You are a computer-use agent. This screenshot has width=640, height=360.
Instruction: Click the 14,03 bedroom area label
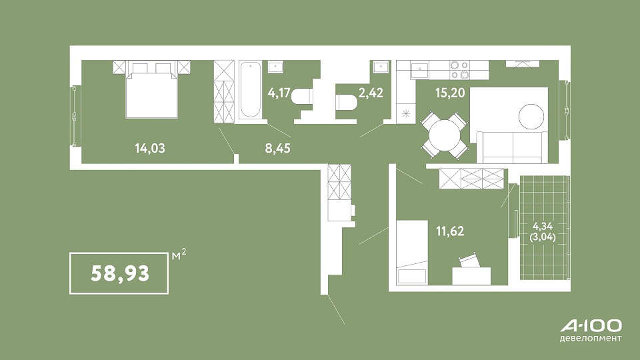pos(150,148)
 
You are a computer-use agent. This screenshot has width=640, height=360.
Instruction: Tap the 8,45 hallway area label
pos(277,148)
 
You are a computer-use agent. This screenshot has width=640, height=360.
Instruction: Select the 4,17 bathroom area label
pos(279,93)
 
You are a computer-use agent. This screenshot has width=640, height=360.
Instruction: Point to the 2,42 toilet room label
pos(371,93)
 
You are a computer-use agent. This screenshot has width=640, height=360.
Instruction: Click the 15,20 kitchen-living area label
pos(450,93)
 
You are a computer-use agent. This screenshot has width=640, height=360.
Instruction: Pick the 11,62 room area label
pos(450,231)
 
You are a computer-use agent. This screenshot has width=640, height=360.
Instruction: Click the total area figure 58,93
pos(120,273)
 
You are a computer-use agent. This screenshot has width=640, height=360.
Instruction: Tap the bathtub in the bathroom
pos(250,90)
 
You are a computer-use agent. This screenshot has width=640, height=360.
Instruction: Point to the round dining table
pos(445,135)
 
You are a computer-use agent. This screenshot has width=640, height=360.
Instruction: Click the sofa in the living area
pos(512,147)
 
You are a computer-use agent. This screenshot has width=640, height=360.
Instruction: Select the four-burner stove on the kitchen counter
pos(459,70)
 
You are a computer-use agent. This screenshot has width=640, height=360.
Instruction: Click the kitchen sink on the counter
pos(419,70)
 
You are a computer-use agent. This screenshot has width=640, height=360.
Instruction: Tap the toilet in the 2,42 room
pos(347,102)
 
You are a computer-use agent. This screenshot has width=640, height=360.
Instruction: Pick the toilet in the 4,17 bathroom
pos(303,96)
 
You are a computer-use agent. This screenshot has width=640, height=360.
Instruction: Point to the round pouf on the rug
pos(531,117)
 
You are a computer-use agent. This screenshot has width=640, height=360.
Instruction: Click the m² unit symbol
pos(179,255)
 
